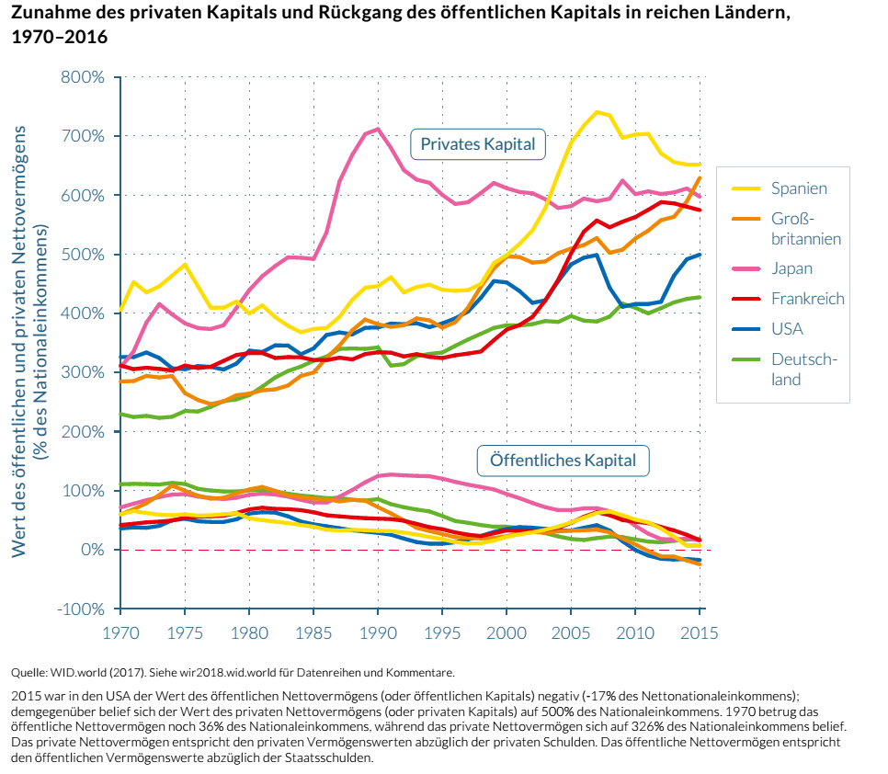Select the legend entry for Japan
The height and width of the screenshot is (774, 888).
(x=791, y=268)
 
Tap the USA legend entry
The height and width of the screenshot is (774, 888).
(x=788, y=329)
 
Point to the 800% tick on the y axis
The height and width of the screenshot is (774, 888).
(x=83, y=77)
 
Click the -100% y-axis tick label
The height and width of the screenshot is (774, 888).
(x=80, y=609)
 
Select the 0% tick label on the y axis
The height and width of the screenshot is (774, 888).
(x=90, y=550)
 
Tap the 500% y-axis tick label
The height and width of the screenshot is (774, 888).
(x=83, y=255)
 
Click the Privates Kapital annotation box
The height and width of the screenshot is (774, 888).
(x=477, y=143)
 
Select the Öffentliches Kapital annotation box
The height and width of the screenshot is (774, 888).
(x=563, y=460)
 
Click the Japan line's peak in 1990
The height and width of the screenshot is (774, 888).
(x=378, y=129)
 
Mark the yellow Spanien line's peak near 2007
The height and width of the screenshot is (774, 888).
(x=597, y=112)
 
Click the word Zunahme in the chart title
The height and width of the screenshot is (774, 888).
(x=47, y=16)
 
